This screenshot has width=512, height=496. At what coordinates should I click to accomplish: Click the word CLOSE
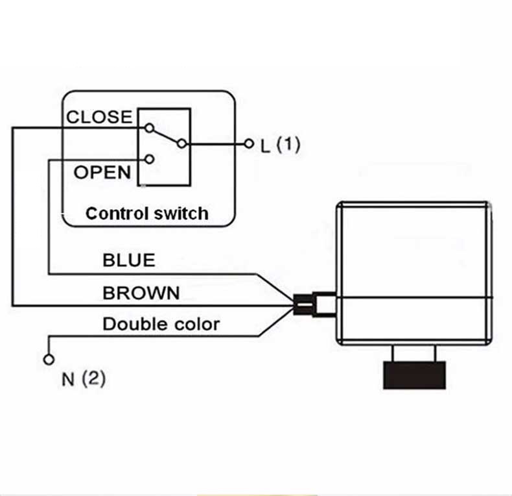[x=99, y=117]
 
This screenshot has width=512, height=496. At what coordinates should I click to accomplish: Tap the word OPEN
[x=102, y=172]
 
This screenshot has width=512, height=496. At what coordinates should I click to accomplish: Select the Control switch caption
[x=147, y=214]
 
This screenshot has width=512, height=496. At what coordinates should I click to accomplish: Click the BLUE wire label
[x=129, y=260]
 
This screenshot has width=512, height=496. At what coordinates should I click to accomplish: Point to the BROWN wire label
[x=141, y=293]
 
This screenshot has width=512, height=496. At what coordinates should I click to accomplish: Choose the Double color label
[x=161, y=324]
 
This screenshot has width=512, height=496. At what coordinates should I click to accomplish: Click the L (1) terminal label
[x=280, y=145]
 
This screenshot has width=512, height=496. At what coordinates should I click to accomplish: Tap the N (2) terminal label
[x=84, y=379]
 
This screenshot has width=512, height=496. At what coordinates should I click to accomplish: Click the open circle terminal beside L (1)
[x=249, y=143]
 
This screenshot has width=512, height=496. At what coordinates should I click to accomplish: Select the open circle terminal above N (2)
[x=49, y=360]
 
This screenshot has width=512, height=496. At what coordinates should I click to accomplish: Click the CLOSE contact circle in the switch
[x=149, y=128]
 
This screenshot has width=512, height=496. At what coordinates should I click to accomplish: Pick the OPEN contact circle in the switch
[x=149, y=159]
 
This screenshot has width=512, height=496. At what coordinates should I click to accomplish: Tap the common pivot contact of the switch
[x=182, y=143]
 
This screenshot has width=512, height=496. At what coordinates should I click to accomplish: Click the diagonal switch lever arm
[x=165, y=136]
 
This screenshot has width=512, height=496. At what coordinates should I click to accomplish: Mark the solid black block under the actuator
[x=414, y=375]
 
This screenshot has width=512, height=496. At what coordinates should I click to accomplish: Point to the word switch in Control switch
[x=181, y=214]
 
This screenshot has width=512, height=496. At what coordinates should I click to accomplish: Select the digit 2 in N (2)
[x=93, y=378]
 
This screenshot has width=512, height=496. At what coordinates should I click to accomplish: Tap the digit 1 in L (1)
[x=288, y=144]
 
